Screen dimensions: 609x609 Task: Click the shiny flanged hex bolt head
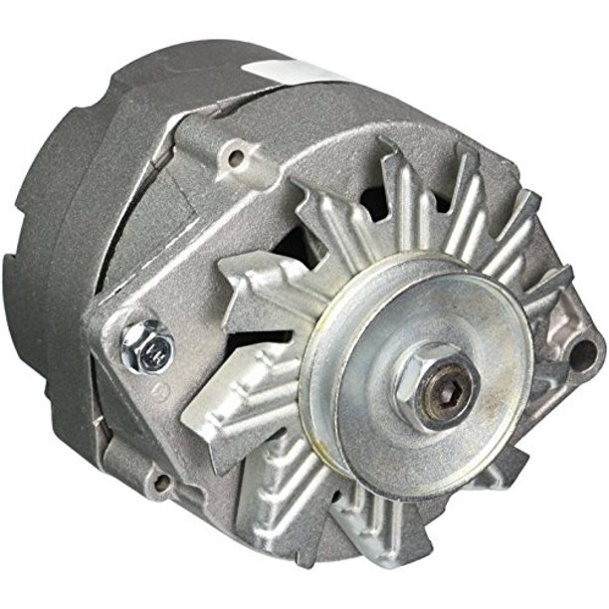coord(145,346)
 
